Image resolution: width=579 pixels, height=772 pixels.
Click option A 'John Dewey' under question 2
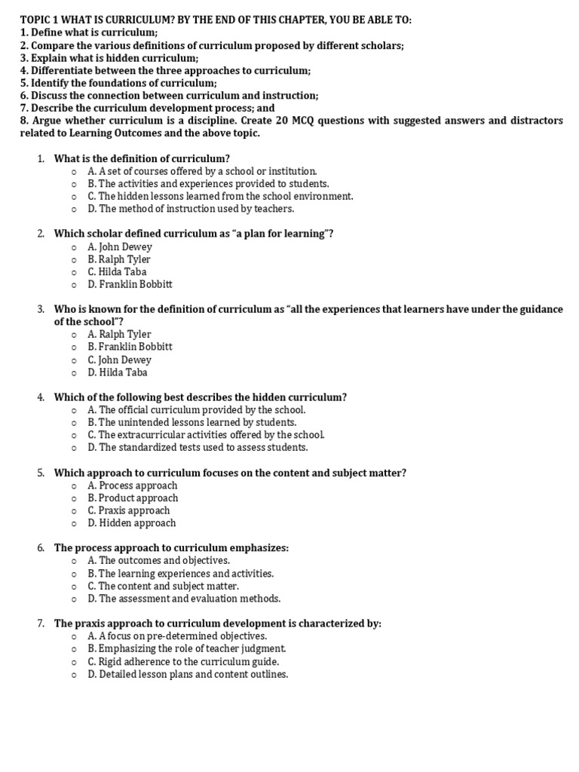click(x=120, y=247)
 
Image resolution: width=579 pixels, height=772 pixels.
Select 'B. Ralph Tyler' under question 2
click(x=119, y=259)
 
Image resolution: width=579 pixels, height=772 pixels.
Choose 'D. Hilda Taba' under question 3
click(x=118, y=372)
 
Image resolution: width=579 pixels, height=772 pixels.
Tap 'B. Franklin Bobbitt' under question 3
click(x=130, y=347)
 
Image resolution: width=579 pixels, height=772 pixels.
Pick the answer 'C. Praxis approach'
click(x=128, y=510)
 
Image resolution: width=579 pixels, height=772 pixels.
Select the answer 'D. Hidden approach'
click(x=131, y=523)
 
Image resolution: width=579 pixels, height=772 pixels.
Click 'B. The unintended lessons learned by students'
click(x=191, y=423)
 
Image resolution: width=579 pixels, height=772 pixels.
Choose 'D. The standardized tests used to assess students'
click(x=198, y=448)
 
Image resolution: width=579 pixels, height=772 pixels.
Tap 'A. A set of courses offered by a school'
click(x=202, y=171)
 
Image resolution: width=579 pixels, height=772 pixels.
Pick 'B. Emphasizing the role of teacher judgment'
click(x=186, y=649)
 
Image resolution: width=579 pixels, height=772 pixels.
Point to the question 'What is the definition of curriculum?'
click(x=142, y=158)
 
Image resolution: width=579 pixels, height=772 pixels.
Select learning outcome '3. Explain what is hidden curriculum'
click(x=109, y=58)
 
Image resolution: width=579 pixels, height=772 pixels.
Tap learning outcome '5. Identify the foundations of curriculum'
click(x=118, y=83)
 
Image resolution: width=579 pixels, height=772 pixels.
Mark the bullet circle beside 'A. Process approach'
click(x=74, y=486)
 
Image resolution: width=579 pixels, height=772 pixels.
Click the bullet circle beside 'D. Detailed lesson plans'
click(x=74, y=675)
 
